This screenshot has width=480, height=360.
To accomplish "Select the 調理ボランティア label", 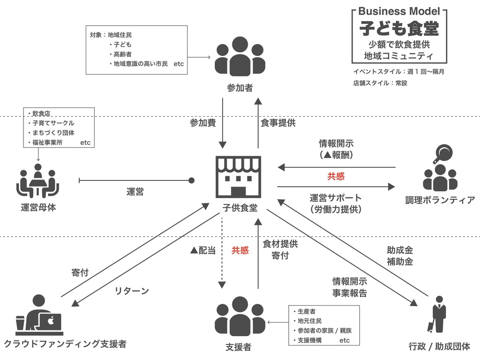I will (x=440, y=201).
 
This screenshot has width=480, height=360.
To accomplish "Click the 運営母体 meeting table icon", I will (x=37, y=180).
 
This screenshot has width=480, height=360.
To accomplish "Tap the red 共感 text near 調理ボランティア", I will (x=336, y=176).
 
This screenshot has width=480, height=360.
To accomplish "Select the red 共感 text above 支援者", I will (x=240, y=250).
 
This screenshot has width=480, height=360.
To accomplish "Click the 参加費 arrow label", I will (x=202, y=123).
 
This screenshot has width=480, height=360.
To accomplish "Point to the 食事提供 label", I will (x=278, y=123).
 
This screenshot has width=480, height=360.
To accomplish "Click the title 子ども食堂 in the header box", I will (x=399, y=28).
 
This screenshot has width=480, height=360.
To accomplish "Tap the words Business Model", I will (x=399, y=11).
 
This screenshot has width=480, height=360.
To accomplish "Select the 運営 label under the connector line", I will (x=135, y=191).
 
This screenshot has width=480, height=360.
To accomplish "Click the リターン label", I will (x=132, y=291).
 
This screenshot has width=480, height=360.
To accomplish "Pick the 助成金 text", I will (x=400, y=250).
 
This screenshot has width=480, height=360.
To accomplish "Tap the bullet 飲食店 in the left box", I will (x=41, y=113).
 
